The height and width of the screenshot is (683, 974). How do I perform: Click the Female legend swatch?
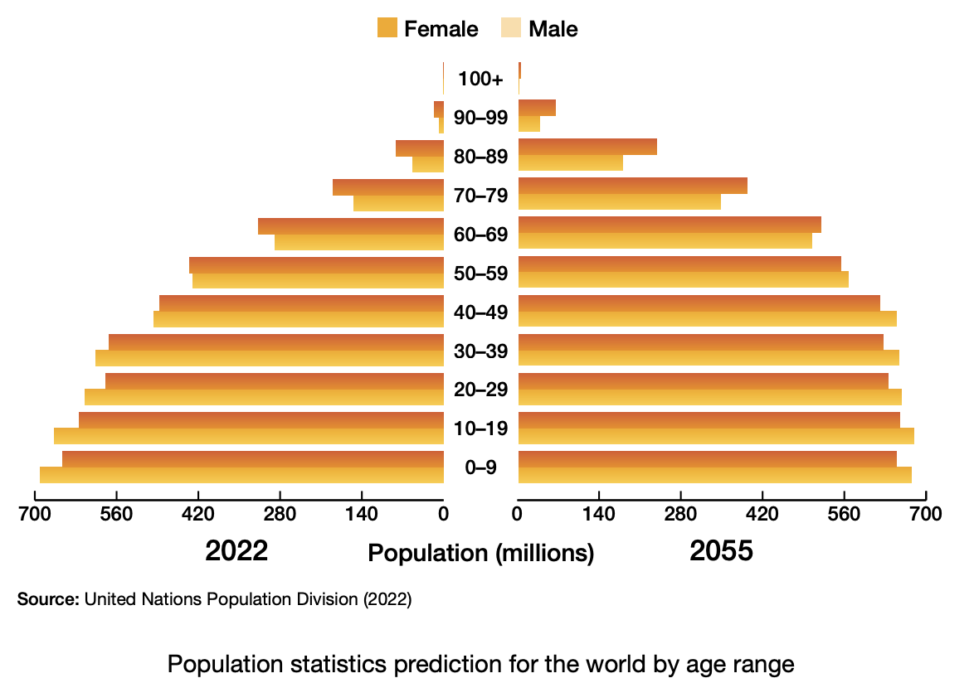[387, 28]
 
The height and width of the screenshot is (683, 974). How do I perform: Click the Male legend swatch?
[511, 28]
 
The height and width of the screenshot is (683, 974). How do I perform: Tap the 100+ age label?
[481, 80]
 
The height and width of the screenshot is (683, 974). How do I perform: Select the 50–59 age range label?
[481, 274]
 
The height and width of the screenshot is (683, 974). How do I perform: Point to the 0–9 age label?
[481, 468]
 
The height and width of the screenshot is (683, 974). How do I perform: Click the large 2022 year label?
[236, 550]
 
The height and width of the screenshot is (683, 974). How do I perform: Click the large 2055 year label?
[721, 550]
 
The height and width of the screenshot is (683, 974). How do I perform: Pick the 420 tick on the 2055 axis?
[762, 515]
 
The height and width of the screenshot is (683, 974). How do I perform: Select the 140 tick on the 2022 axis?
[362, 515]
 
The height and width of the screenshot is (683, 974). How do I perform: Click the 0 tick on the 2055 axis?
[518, 515]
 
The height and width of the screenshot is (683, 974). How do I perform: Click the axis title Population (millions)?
[481, 553]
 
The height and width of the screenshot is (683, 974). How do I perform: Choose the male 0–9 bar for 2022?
[241, 475]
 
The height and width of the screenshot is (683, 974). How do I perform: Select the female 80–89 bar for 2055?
[587, 147]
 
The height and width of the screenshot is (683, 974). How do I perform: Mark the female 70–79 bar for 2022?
[387, 186]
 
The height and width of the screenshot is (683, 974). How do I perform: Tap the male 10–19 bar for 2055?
[715, 436]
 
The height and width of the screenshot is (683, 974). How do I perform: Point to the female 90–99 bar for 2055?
[537, 108]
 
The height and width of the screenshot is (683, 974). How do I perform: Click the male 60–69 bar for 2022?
[358, 242]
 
